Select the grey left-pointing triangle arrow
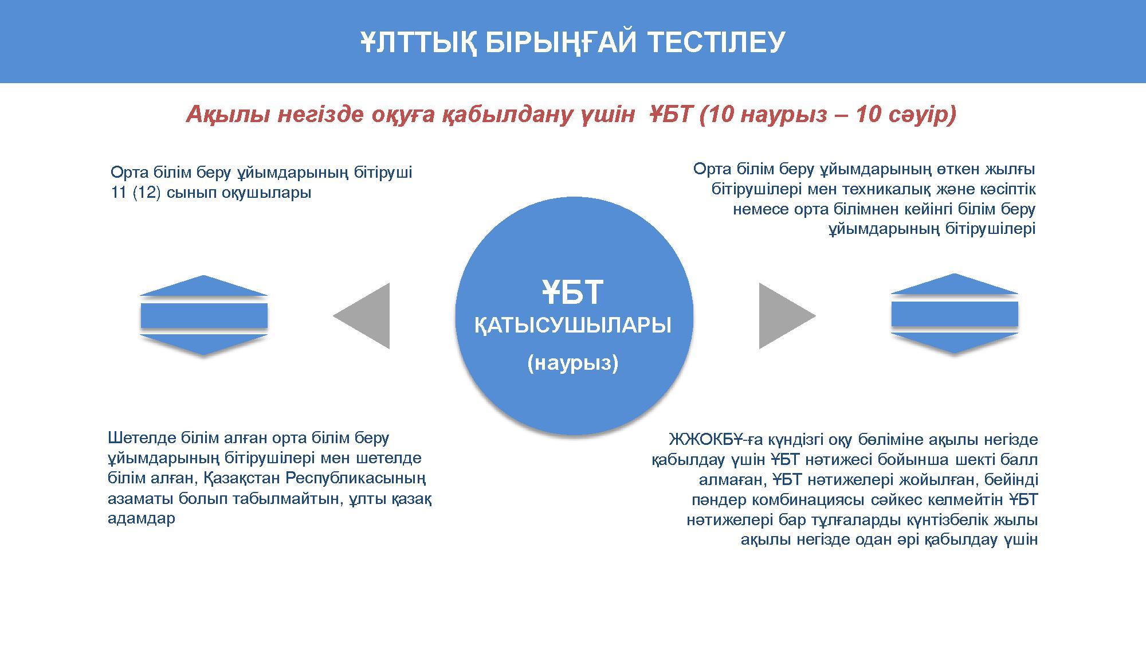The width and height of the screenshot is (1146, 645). click(x=362, y=316)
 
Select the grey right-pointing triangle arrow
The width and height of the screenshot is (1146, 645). click(x=787, y=316)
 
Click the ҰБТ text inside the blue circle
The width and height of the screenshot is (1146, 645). click(x=573, y=292)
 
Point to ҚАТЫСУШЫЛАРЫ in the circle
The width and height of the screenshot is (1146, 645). click(x=573, y=326)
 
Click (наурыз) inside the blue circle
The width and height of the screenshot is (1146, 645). click(x=573, y=363)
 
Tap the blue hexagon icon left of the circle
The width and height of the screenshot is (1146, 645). click(x=204, y=315)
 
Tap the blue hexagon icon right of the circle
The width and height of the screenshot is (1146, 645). click(x=955, y=314)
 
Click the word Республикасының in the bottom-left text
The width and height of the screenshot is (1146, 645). click(x=356, y=478)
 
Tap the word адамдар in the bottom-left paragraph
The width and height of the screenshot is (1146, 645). click(x=142, y=519)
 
